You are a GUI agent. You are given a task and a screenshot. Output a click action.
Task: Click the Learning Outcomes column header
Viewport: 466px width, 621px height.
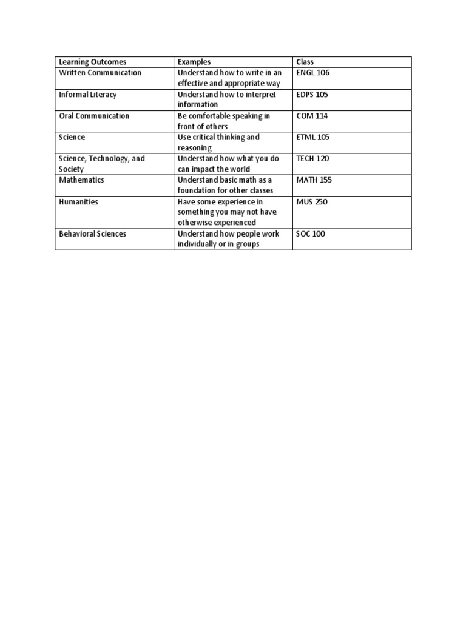[92, 62]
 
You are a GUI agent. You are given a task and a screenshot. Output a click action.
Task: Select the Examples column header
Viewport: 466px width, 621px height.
[194, 62]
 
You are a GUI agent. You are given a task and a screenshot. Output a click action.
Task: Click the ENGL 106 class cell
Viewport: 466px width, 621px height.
[313, 73]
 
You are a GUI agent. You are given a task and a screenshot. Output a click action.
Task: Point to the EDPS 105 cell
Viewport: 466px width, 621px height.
[313, 95]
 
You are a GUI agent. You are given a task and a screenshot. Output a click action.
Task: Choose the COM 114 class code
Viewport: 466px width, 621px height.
[312, 116]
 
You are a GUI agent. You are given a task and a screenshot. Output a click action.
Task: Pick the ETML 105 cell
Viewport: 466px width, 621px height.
[313, 138]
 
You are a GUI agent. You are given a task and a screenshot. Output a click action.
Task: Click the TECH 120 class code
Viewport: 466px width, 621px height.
[313, 159]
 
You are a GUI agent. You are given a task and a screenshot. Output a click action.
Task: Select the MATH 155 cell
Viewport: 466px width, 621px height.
[314, 180]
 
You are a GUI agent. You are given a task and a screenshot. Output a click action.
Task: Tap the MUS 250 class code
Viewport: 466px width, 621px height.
[312, 202]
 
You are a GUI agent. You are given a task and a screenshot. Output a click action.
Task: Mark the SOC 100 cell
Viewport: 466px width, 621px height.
[311, 233]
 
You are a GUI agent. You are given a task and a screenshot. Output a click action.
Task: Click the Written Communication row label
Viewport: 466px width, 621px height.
[100, 73]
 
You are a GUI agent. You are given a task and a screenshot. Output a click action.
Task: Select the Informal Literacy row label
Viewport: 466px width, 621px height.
[87, 95]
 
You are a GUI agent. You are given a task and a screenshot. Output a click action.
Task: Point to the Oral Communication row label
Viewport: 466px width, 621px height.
[93, 116]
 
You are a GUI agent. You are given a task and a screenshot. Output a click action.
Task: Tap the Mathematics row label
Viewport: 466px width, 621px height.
[81, 180]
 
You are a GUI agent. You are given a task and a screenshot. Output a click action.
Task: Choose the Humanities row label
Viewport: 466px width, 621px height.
[78, 202]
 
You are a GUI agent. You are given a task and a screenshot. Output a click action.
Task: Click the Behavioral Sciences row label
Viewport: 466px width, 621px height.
[92, 233]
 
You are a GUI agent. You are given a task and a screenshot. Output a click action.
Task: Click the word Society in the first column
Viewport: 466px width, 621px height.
[72, 169]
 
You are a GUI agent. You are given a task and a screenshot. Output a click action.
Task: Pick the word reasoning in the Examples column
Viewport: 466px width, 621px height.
[194, 148]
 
